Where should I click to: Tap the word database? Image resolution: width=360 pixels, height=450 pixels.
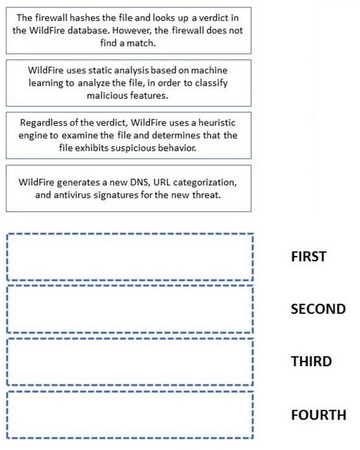click(88, 30)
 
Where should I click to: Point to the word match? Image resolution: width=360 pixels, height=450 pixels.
click(141, 43)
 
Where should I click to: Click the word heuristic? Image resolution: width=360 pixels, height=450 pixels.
click(217, 123)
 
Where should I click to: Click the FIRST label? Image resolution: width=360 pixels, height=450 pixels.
click(309, 257)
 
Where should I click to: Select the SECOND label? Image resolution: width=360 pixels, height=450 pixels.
click(318, 309)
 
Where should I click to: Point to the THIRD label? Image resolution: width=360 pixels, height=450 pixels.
click(312, 362)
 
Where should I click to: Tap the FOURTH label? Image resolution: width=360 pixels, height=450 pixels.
click(319, 415)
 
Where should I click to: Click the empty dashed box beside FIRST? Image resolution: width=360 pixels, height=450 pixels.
click(130, 234)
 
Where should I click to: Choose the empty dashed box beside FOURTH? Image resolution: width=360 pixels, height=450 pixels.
click(130, 392)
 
